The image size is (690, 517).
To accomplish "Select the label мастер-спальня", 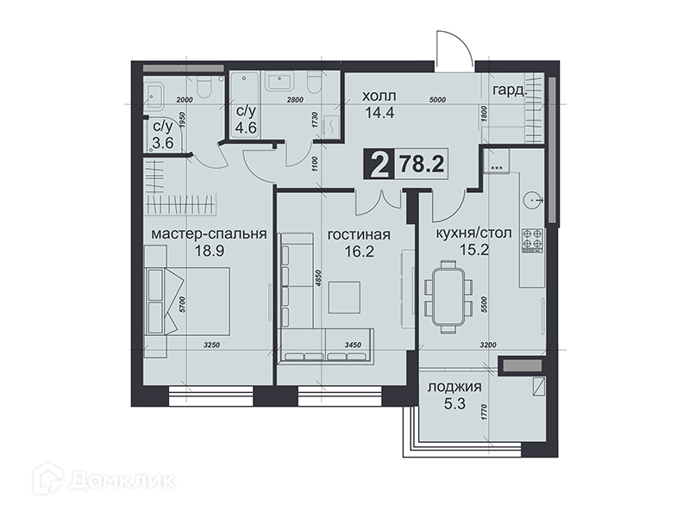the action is pos(209,234).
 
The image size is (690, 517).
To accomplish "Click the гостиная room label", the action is pos(359,234).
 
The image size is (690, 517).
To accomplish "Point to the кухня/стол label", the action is pos(474,233).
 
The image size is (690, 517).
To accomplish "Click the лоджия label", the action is pos(455,387).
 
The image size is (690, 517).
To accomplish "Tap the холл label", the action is pos(379,96).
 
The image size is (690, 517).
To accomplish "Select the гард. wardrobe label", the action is pos(510,91).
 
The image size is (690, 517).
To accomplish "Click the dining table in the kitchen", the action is pos(448,296).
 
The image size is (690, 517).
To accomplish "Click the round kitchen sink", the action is pos(533,200).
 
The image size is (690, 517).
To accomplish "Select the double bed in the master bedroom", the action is pos(188,300).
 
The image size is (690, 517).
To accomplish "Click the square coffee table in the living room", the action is pos(345,297).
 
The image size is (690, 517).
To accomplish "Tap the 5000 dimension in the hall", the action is pos(437,100).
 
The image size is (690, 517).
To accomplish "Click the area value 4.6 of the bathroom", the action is pos(246,128).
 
